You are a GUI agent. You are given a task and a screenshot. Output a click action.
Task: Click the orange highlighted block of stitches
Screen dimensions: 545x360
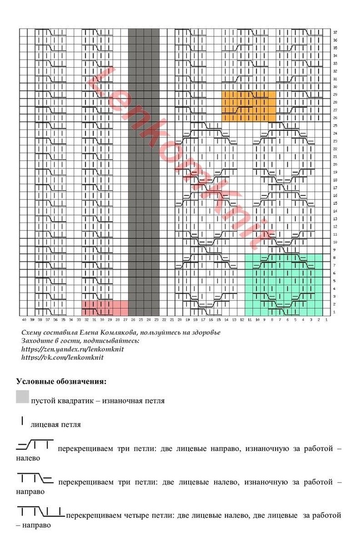click(249, 106)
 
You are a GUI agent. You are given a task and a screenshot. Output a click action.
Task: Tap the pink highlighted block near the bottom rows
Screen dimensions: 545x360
click(105, 308)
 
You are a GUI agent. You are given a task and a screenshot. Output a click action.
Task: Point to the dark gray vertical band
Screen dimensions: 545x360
click(144, 172)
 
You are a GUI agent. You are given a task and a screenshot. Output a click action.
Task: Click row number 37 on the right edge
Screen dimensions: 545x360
click(335, 32)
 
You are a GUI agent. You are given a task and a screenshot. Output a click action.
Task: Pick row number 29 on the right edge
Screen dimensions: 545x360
click(335, 95)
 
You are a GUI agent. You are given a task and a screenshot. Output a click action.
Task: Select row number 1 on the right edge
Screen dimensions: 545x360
click(335, 312)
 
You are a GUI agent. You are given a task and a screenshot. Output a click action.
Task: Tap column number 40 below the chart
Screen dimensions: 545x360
click(24, 319)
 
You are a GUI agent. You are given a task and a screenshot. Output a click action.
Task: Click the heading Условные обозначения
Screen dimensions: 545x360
click(61, 380)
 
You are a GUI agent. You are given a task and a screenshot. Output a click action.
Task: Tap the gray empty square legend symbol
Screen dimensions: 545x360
click(22, 397)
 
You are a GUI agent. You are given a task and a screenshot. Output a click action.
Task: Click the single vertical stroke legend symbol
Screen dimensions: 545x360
click(22, 420)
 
